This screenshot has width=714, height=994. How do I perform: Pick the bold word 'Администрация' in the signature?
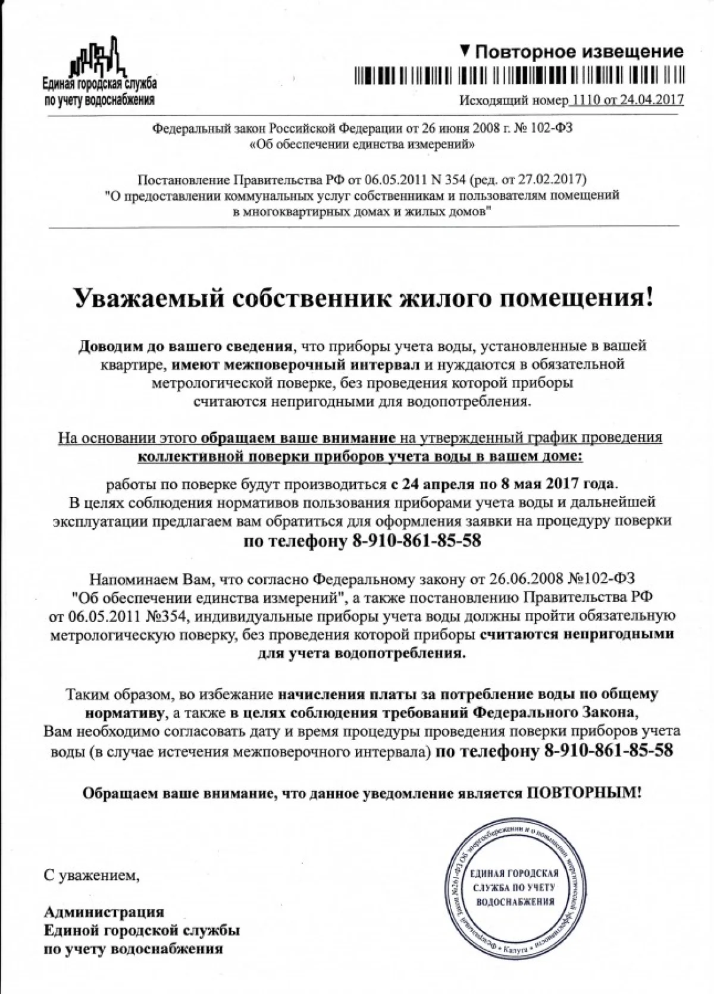tap(104, 911)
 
